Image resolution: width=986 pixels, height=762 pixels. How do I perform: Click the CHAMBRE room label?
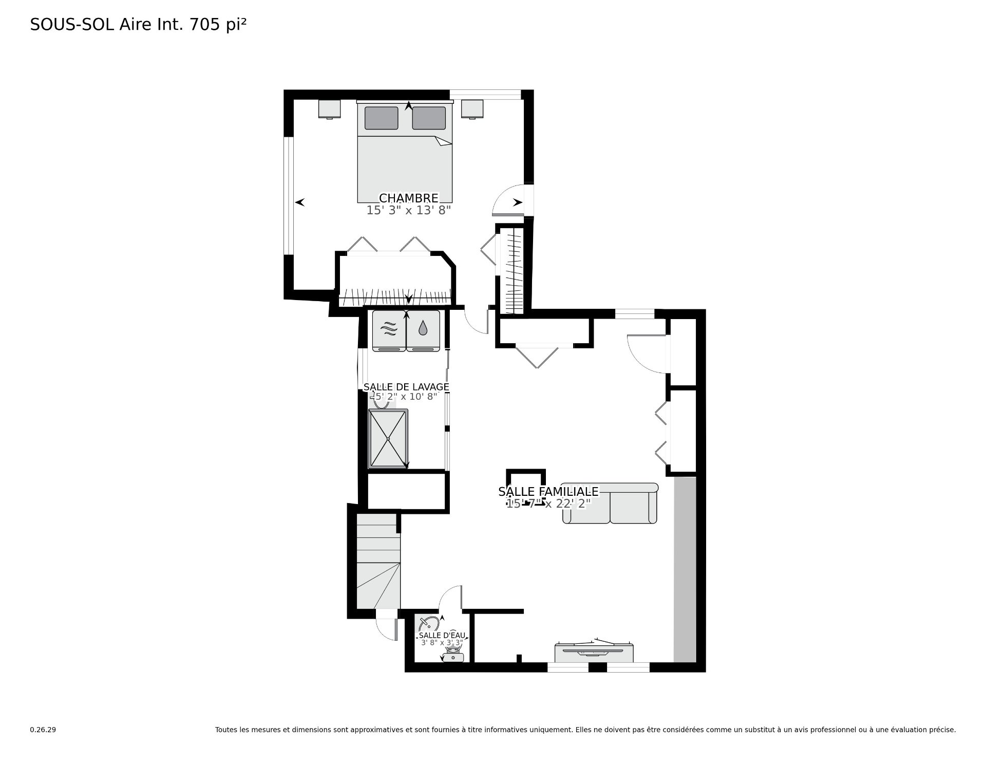408,198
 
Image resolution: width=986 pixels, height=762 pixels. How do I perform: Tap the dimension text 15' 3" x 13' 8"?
408,210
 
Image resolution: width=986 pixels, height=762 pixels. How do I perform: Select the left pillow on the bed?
381,118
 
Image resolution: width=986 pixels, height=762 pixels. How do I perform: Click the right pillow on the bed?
429,118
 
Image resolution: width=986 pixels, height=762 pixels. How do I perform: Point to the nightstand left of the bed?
329,109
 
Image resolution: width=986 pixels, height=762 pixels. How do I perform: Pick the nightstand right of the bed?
472,109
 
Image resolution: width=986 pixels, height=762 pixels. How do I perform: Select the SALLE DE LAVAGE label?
406,387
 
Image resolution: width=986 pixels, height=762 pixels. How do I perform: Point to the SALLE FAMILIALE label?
548,492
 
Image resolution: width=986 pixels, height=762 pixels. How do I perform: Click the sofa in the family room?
610,504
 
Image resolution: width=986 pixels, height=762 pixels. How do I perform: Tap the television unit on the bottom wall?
594,653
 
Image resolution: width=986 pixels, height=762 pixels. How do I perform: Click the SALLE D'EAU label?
442,636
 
